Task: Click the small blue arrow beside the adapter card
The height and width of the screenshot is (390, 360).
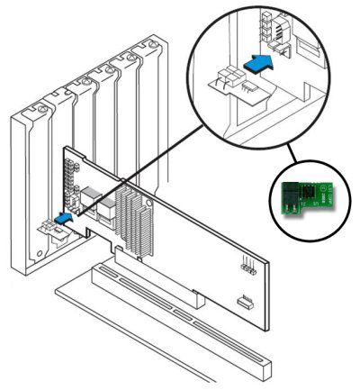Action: pos(65,217)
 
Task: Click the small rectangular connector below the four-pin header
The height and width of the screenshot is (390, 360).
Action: pos(243,300)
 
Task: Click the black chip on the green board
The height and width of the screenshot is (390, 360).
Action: pos(306,192)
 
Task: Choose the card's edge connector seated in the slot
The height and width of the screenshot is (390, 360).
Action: pos(153,270)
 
